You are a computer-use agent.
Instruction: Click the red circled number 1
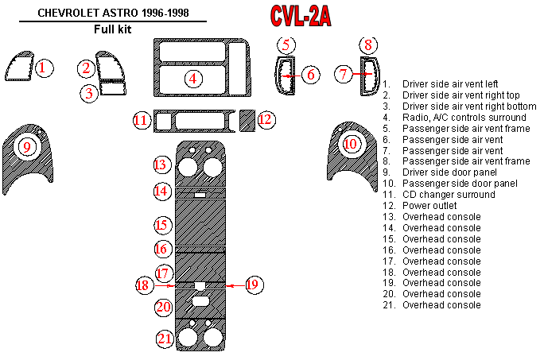[x=45, y=68]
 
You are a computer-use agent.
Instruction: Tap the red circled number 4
[x=192, y=78]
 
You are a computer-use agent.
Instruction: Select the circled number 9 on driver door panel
[x=27, y=146]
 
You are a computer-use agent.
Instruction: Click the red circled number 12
[x=266, y=120]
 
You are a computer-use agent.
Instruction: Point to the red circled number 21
[x=164, y=339]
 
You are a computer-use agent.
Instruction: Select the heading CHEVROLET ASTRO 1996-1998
[x=110, y=13]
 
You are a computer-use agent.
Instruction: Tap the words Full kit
[x=111, y=30]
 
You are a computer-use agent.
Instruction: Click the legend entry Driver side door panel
[x=449, y=172]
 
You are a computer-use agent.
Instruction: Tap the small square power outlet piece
[x=246, y=120]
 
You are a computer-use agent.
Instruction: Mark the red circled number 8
[x=367, y=45]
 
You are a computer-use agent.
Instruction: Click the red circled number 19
[x=253, y=284]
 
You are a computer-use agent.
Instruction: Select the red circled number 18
[x=143, y=285]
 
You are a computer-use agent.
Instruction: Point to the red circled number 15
[x=163, y=225]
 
